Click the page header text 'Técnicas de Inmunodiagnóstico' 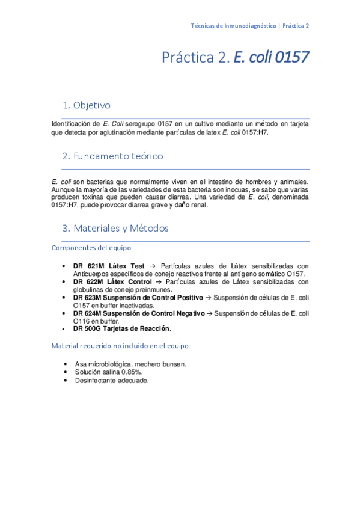pyautogui.click(x=234, y=26)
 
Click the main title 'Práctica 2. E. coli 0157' pyautogui.click(x=235, y=58)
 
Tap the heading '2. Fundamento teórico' pyautogui.click(x=112, y=156)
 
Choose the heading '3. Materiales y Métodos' pyautogui.click(x=115, y=229)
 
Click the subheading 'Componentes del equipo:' pyautogui.click(x=93, y=248)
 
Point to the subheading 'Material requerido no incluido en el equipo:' pyautogui.click(x=121, y=346)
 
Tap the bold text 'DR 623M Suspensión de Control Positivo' pyautogui.click(x=138, y=297)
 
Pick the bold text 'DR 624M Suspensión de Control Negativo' pyautogui.click(x=139, y=313)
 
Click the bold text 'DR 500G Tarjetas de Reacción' pyautogui.click(x=121, y=328)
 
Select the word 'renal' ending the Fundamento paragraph pyautogui.click(x=199, y=205)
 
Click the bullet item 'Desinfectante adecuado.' pyautogui.click(x=112, y=380)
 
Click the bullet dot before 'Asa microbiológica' pyautogui.click(x=64, y=364)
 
